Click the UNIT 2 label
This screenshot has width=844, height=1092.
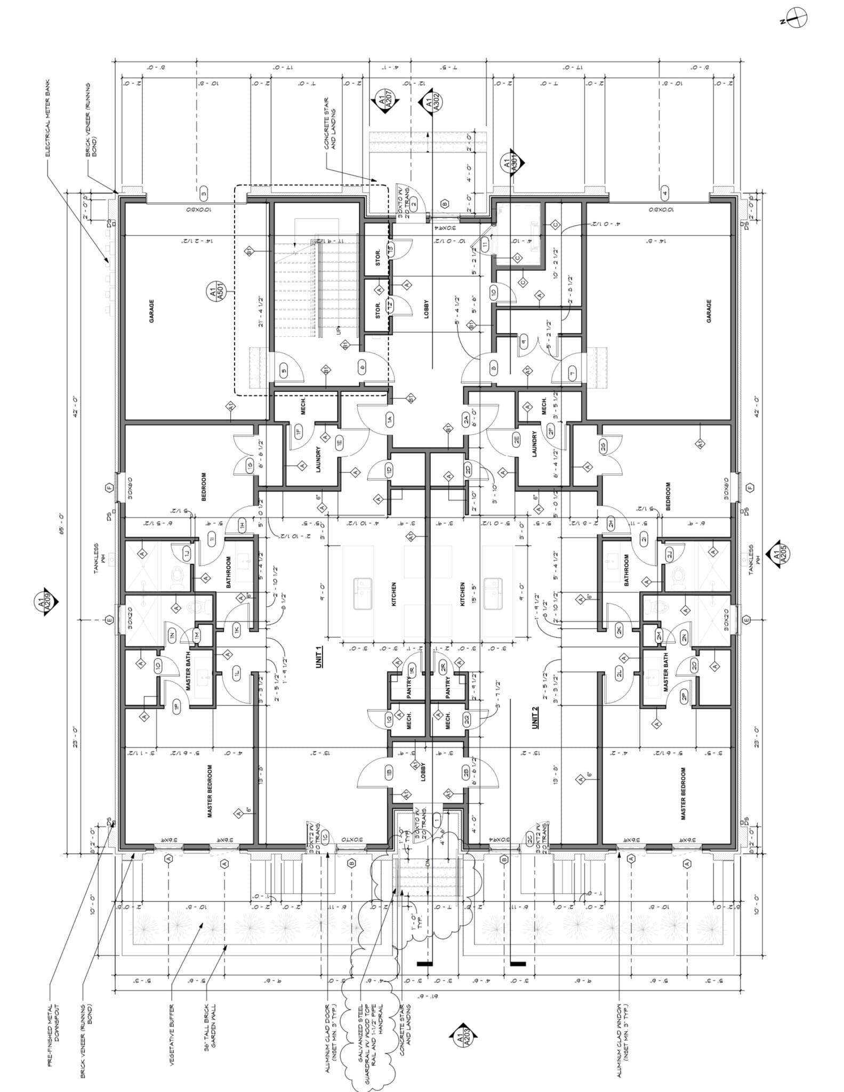coord(535,717)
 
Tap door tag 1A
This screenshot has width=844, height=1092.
coord(390,419)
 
